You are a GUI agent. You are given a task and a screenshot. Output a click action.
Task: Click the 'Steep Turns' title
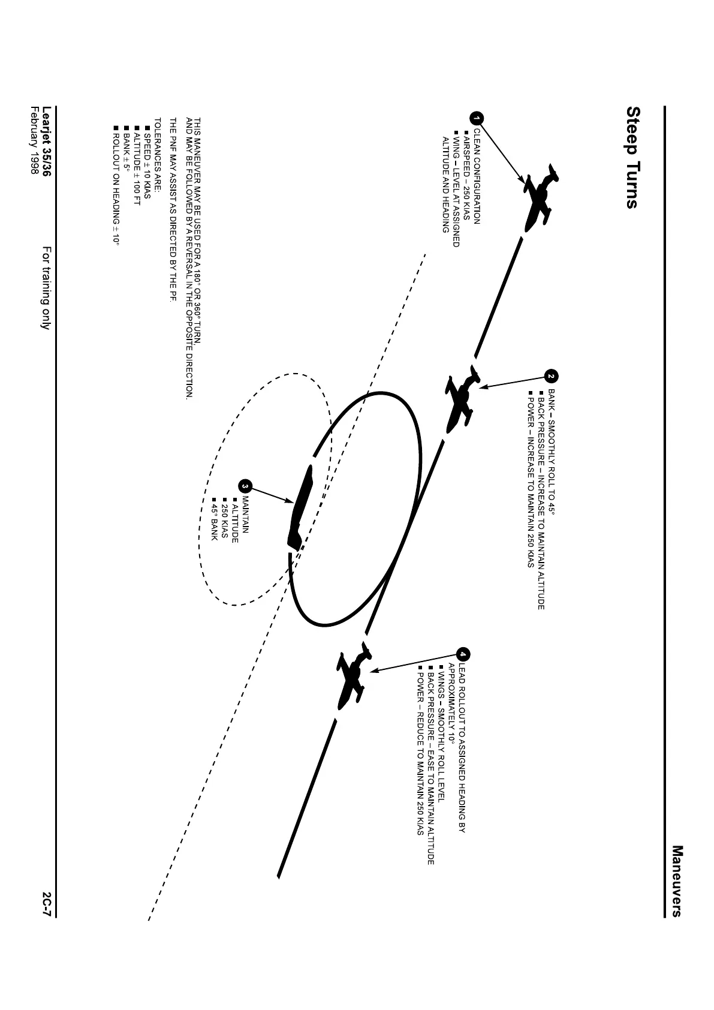632,158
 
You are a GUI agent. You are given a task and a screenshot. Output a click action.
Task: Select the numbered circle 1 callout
477,119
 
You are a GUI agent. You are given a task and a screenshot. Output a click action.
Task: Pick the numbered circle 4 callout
463,654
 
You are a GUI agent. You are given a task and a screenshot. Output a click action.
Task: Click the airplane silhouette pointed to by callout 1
539,196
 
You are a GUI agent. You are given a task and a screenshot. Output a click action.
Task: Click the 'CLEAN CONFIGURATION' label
477,176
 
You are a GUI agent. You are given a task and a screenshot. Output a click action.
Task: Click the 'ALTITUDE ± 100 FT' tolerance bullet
137,166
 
